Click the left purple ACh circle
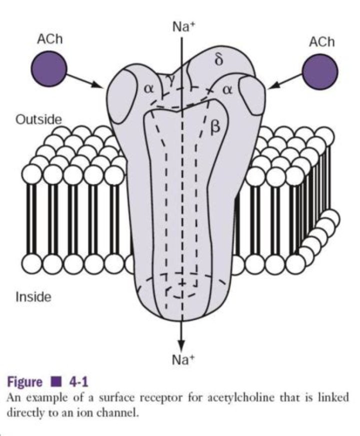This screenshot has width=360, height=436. tap(48, 68)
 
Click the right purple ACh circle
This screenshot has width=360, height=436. tap(320, 71)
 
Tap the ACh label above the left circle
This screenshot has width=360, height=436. tap(50, 39)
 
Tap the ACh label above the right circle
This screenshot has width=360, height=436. tap(321, 42)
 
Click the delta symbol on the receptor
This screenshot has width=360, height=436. tap(219, 60)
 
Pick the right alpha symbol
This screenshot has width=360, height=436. tap(227, 90)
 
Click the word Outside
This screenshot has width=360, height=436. tap(38, 119)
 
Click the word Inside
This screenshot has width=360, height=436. tap(33, 296)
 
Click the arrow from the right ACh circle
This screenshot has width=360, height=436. tap(285, 81)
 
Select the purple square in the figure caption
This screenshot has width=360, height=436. tap(56, 382)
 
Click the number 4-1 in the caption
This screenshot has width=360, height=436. tap(78, 382)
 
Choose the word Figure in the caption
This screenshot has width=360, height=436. tap(24, 382)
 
